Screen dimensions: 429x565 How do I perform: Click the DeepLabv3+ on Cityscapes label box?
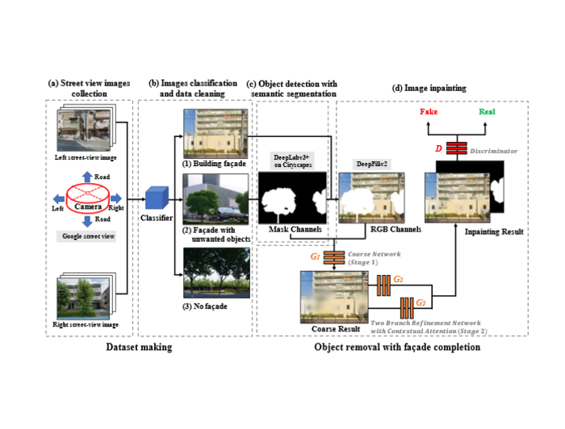coord(291,158)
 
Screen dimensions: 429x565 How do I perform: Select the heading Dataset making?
coord(139,347)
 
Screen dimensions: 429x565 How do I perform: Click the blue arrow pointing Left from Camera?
coord(57,197)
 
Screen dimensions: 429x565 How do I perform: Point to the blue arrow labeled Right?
coord(116,197)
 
